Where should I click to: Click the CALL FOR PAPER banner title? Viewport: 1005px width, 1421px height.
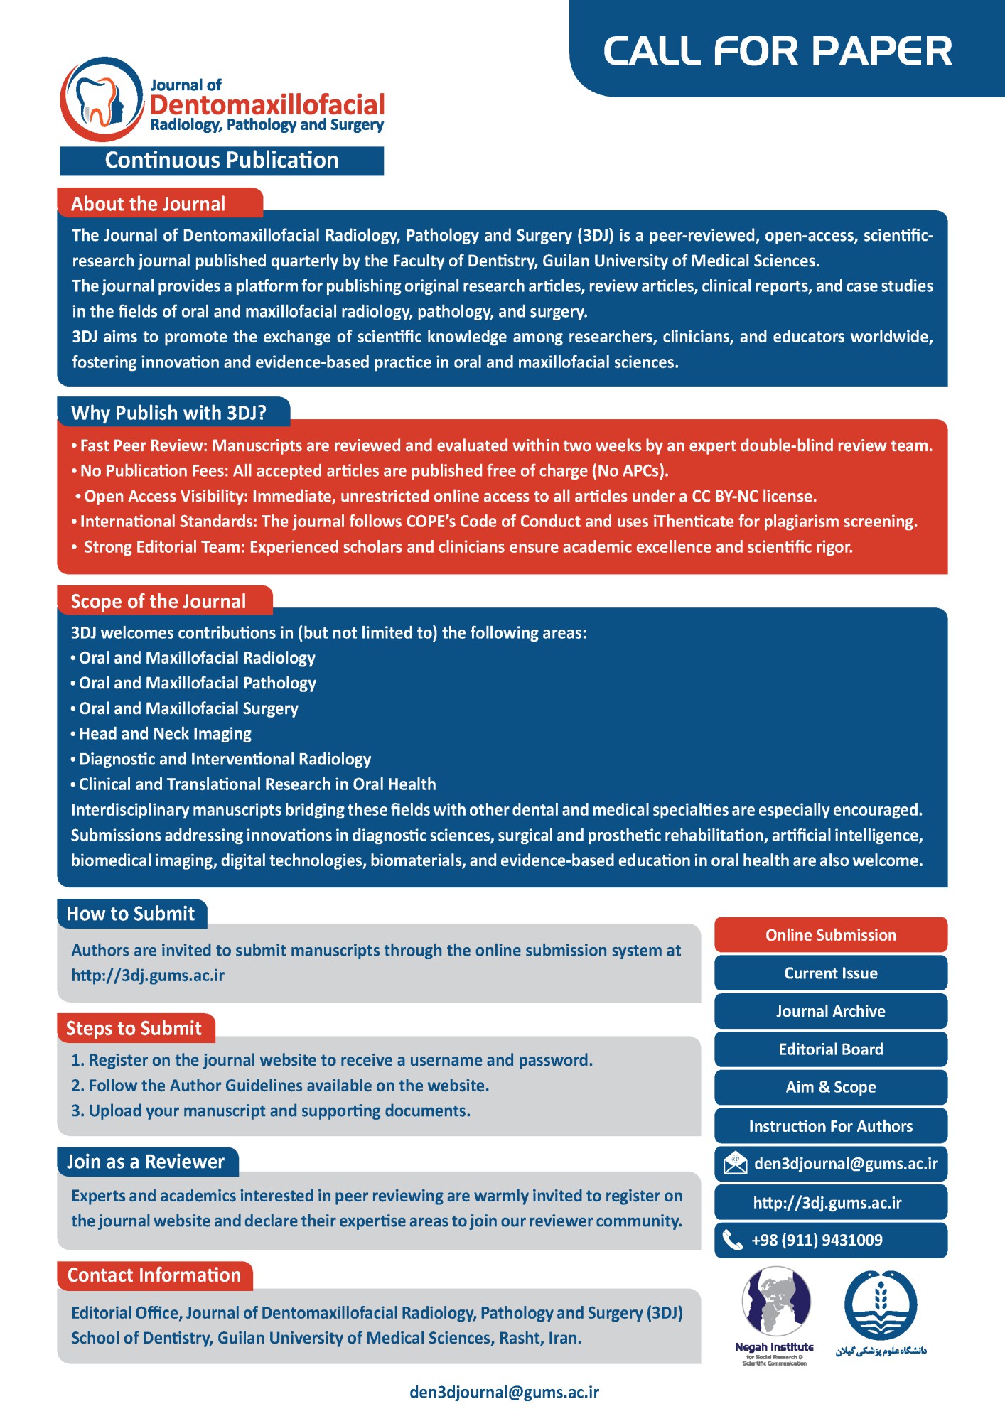(778, 51)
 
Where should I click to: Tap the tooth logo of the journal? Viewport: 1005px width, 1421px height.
(102, 100)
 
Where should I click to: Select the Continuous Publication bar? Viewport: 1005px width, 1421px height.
(222, 161)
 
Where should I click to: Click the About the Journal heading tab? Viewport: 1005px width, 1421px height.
(149, 204)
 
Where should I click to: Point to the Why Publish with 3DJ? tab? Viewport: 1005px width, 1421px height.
(169, 413)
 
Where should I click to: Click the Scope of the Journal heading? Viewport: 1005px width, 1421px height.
(158, 601)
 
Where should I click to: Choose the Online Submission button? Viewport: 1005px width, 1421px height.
(830, 935)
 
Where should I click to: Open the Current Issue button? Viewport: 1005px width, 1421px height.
(830, 973)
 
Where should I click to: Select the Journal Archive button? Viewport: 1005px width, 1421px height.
(830, 1011)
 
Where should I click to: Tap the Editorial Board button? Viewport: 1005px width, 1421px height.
(830, 1049)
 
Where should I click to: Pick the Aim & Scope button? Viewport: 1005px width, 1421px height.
(830, 1087)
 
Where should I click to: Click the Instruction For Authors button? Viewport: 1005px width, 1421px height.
(830, 1126)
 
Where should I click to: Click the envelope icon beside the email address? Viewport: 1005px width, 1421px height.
(735, 1164)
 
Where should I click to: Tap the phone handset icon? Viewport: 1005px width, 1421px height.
(732, 1241)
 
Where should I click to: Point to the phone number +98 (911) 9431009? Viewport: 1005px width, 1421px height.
(817, 1241)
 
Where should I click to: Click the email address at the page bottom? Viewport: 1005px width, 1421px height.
(504, 1392)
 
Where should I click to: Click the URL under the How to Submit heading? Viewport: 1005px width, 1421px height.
(148, 976)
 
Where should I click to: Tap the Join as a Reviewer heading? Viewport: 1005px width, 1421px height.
(146, 1162)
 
